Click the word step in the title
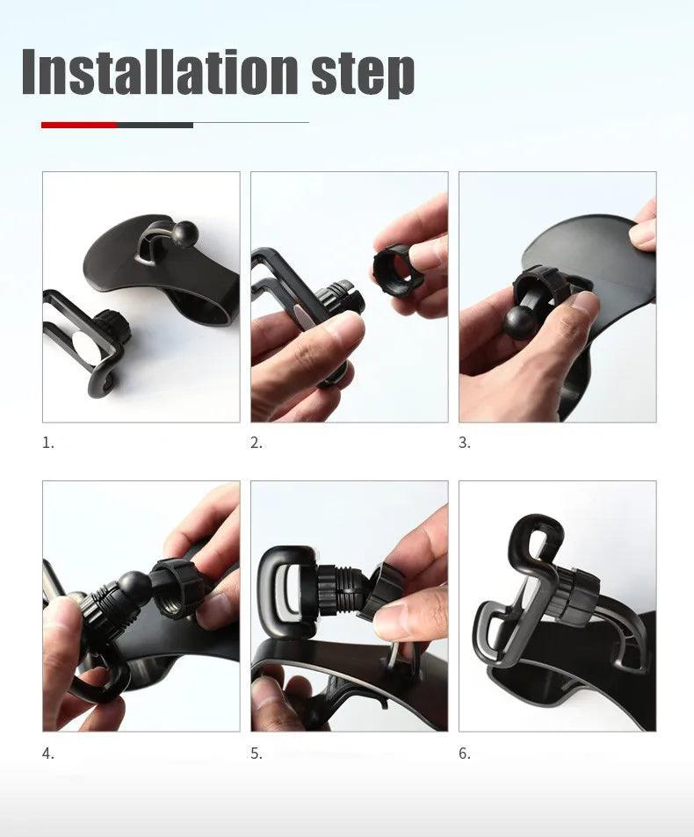[x=362, y=74]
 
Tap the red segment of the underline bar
[x=79, y=125]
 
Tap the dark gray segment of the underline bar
[x=155, y=125]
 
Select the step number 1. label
[x=48, y=443]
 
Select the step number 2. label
[x=257, y=443]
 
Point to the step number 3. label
[x=465, y=443]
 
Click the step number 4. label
[x=48, y=754]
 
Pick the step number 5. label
[x=257, y=754]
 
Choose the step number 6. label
[x=465, y=754]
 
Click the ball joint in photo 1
[x=186, y=234]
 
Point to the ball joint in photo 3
[x=519, y=322]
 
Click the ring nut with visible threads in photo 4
[x=177, y=588]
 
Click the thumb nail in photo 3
[x=582, y=305]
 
